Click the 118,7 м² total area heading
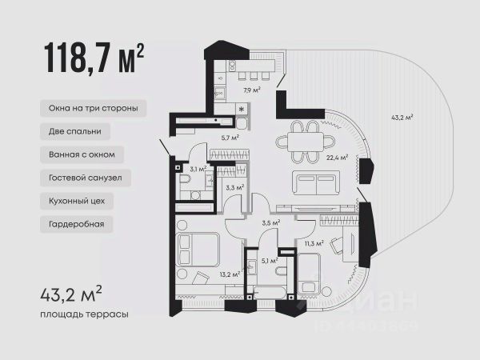94,58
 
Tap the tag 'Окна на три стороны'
93,108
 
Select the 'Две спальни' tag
75,132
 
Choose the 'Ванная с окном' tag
82,154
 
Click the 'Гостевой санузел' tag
86,178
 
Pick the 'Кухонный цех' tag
77,201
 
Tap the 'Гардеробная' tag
77,224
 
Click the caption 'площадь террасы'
85,314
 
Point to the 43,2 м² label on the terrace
402,118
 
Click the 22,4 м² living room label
338,158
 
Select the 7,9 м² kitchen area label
252,90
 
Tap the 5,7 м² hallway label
230,138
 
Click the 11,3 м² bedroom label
314,244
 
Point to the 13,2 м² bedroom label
230,274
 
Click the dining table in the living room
306,142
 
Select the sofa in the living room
316,183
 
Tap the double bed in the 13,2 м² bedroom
198,249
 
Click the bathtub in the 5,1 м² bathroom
270,293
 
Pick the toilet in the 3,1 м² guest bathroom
186,180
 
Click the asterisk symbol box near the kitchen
242,109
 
